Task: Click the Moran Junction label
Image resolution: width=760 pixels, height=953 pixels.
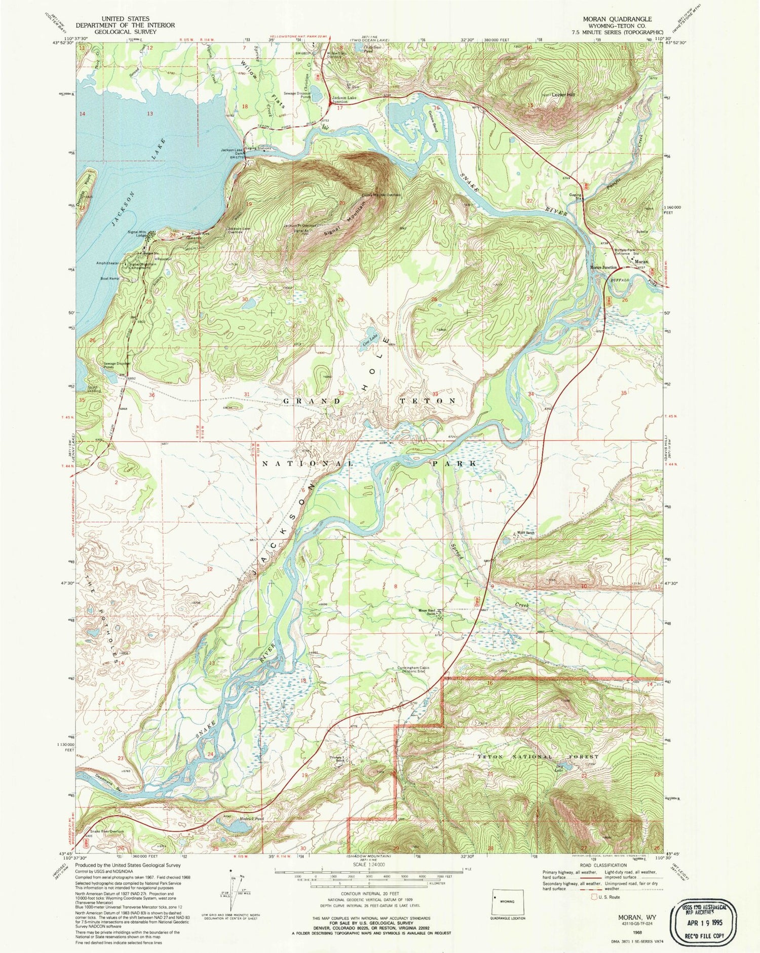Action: (603, 268)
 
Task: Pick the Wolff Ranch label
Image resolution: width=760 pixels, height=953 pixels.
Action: (525, 532)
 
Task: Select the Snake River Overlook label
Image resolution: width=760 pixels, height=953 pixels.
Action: (106, 831)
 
